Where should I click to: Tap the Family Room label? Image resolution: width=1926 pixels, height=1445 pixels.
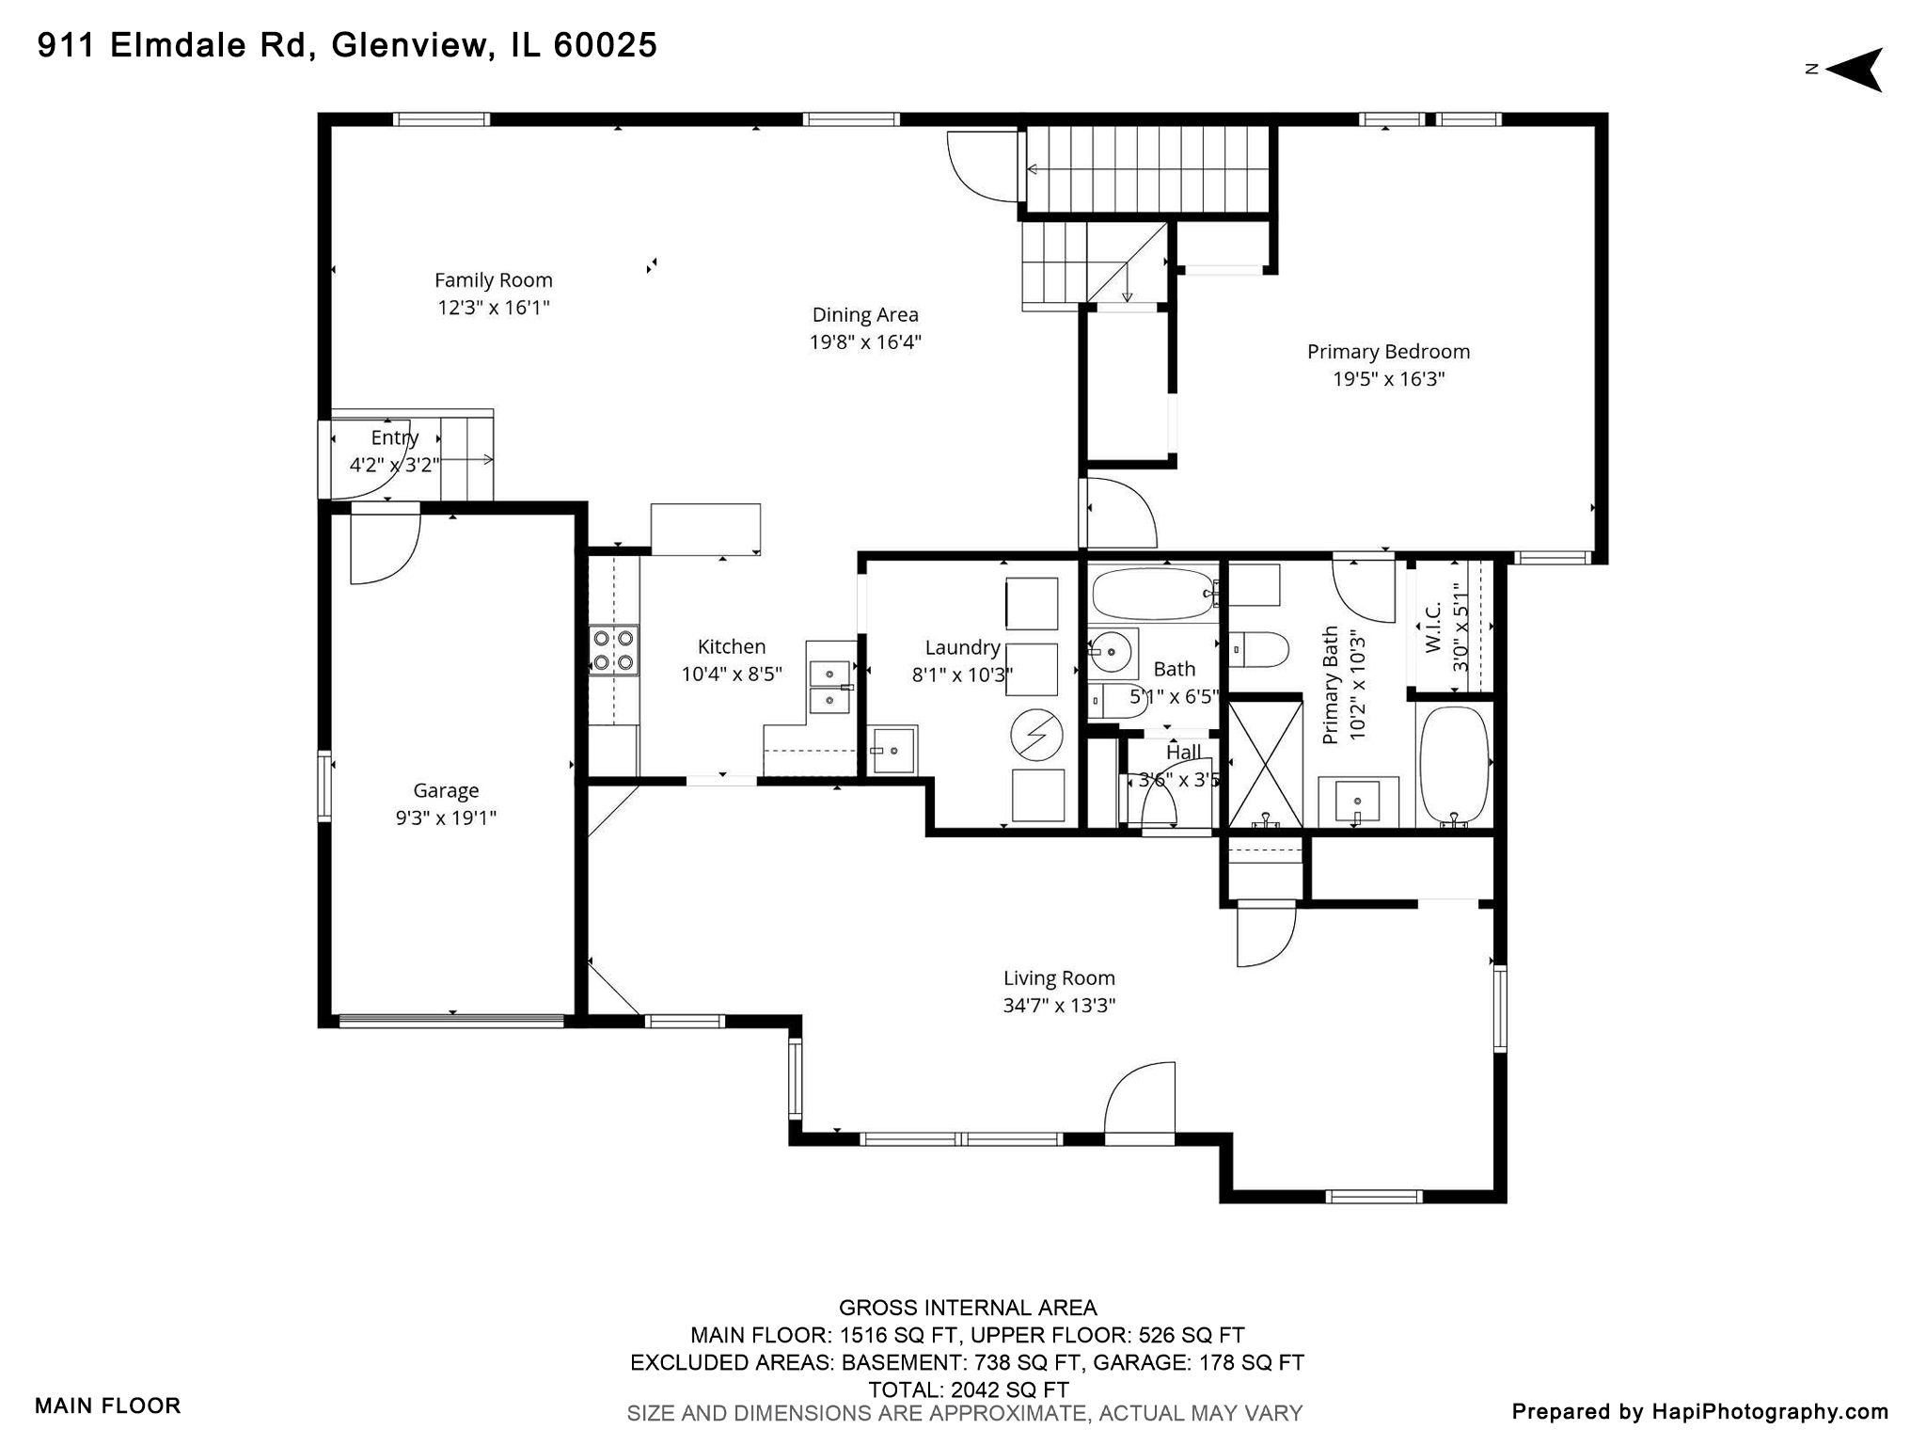point(493,279)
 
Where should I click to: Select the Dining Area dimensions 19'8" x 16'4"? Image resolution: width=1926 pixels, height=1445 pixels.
point(865,341)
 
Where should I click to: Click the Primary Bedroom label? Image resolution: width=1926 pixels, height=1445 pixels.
point(1388,351)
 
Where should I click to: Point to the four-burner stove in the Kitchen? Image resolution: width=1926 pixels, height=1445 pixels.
point(613,650)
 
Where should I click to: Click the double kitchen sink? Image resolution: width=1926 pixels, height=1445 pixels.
point(830,688)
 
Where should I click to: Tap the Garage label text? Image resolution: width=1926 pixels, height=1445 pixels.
point(446,790)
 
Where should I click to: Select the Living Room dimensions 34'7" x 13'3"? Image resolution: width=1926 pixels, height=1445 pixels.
point(1059,1005)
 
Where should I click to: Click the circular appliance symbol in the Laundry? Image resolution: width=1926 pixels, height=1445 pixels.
point(1035,734)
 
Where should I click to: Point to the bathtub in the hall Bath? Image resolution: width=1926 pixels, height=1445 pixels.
point(1154,593)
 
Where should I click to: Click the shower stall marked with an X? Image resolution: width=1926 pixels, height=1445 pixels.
point(1265,764)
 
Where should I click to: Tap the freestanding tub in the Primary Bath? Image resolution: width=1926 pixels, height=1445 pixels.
point(1454,765)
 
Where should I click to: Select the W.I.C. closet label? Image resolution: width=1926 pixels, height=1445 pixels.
point(1433,628)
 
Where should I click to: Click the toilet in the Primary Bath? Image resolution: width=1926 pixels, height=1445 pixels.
point(1260,649)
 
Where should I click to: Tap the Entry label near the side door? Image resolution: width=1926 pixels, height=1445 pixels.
point(394,437)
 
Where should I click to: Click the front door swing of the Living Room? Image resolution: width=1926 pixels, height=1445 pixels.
point(1141,1103)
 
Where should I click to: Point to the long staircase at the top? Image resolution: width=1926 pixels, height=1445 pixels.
point(1147,169)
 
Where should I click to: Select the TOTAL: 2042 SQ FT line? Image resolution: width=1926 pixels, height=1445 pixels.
point(968,1389)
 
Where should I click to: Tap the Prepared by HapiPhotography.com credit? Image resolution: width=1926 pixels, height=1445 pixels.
point(1699,1411)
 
